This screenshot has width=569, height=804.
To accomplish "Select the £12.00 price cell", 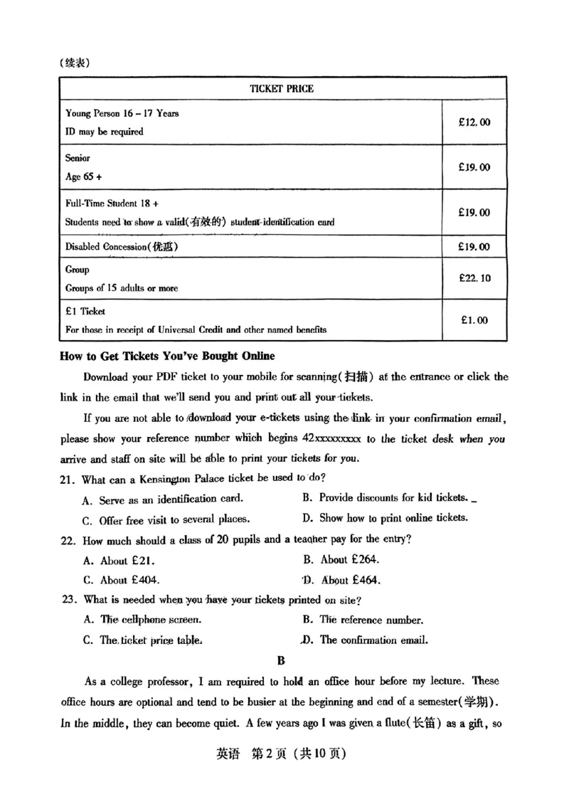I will coord(474,122).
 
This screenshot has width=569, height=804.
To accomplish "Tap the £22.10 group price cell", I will coord(474,278).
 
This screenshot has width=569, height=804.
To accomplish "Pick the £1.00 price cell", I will coord(474,320).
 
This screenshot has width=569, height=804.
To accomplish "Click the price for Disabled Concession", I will coord(474,247).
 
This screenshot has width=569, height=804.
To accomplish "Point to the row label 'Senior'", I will coord(78,158).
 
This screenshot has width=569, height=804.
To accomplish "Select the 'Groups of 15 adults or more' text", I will coord(122,288).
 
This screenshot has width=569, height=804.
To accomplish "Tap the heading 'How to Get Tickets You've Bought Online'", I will coord(167,356).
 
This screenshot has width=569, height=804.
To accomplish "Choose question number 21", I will coord(68,477).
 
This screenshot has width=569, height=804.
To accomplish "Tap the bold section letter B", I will coord(282,660).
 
